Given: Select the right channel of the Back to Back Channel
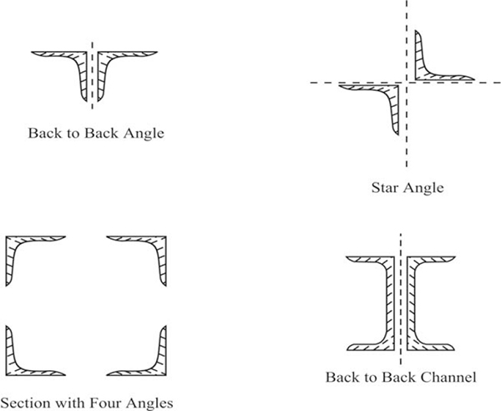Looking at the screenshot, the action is (411, 303).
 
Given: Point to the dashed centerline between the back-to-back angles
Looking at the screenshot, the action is (93, 75).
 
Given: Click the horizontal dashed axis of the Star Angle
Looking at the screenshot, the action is (405, 83).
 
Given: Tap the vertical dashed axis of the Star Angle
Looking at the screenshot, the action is (407, 84).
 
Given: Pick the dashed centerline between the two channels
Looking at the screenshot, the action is (401, 299).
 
